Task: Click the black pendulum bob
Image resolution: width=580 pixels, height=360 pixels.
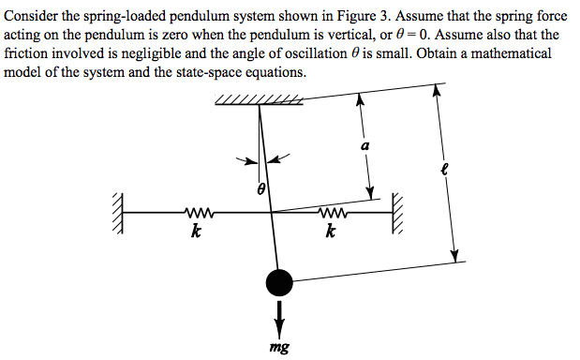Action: tap(279, 280)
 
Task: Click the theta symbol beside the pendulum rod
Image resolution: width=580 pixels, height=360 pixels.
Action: tap(262, 189)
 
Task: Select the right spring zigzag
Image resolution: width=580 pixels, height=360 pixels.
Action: tap(334, 213)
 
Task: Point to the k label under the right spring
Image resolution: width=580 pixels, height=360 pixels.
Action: tap(331, 231)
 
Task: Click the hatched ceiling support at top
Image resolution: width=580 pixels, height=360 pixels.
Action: tap(258, 101)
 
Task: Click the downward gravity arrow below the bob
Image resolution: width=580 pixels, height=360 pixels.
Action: tap(279, 314)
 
